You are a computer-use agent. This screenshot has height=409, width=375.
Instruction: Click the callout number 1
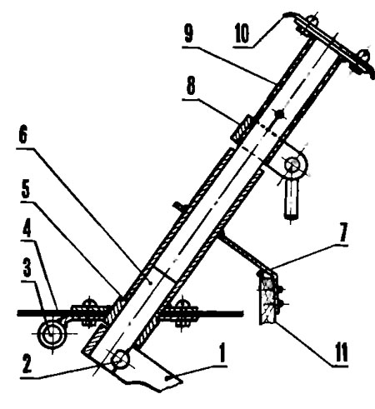tap(222, 352)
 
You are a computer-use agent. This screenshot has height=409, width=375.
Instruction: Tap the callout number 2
tap(27, 363)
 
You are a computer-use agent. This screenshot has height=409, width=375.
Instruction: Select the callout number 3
tap(27, 268)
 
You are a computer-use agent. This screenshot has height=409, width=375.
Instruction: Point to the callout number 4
tap(27, 227)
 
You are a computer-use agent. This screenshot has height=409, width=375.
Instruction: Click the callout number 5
tap(26, 189)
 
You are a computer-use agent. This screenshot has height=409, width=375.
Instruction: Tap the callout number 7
tap(342, 232)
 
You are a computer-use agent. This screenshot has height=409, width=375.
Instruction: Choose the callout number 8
tap(191, 86)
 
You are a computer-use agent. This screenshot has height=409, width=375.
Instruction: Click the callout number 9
tap(188, 33)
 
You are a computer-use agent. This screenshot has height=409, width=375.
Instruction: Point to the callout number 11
tap(342, 352)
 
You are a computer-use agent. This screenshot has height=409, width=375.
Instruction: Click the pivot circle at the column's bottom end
tap(120, 360)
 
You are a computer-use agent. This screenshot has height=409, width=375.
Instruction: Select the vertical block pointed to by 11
tap(267, 299)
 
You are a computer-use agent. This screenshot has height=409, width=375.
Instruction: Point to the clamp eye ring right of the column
tap(295, 165)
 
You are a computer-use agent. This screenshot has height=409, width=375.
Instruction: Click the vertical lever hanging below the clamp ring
tap(291, 198)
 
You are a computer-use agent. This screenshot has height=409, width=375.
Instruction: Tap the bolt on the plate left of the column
tap(89, 312)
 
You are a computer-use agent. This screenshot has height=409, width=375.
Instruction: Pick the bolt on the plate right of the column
tap(182, 312)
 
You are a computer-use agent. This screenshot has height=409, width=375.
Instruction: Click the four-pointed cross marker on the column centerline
tap(279, 114)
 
